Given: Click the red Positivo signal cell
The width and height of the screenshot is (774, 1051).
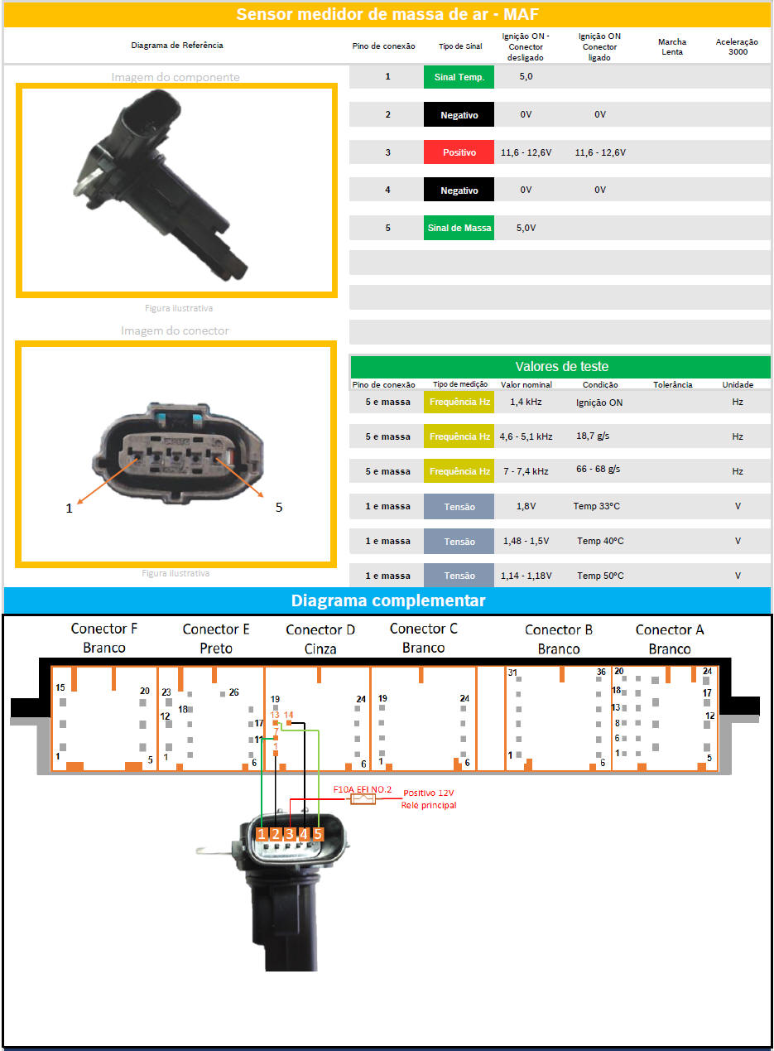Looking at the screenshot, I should (459, 152).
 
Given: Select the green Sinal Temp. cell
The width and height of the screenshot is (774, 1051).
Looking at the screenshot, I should (459, 77).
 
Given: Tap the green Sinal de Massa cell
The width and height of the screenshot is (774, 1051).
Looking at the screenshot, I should (459, 228).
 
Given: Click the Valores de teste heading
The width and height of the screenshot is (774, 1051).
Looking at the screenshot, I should (561, 367).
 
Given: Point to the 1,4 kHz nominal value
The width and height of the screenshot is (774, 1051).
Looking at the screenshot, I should (526, 402).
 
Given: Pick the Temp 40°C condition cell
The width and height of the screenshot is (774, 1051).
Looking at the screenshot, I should (600, 541).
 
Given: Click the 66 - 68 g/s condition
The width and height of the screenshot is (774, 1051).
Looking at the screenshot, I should (598, 470).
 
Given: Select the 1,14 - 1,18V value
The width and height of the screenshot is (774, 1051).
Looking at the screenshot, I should (526, 576).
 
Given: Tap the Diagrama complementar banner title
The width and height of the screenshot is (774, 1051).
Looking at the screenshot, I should (387, 600).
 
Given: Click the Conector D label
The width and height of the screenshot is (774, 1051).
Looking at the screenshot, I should (320, 630).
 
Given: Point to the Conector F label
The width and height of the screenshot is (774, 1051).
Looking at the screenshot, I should (104, 629).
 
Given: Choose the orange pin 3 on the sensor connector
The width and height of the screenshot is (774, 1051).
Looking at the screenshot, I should (290, 834).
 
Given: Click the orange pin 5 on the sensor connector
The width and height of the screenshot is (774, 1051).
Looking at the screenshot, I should (318, 834).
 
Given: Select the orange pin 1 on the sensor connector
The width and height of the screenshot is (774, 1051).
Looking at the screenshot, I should (262, 834).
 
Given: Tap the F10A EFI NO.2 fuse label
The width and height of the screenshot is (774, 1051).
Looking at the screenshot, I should (362, 791).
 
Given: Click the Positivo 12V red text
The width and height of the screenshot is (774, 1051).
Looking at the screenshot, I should (428, 793).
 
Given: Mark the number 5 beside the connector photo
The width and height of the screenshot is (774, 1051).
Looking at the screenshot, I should (279, 507).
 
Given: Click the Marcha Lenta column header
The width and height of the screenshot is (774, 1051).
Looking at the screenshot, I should (672, 46).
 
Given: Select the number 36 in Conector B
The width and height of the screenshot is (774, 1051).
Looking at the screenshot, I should (602, 672).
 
